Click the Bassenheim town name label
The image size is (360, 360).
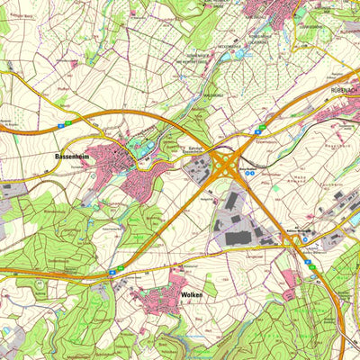coord(69,156)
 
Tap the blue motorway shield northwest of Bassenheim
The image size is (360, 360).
coord(57,122)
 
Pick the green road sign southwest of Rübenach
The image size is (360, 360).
coord(261,130)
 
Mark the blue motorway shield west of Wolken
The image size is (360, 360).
coord(120,268)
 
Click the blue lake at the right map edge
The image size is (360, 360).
coord(355,219)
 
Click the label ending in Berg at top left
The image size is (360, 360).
coord(20,14)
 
